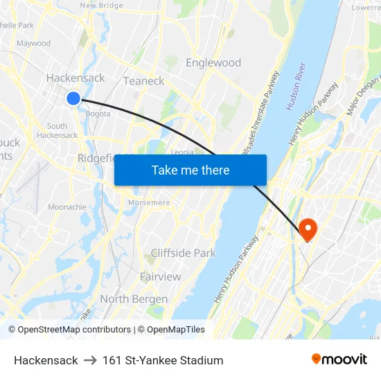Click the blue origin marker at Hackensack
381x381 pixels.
[x=73, y=98]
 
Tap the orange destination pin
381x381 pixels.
[x=307, y=229]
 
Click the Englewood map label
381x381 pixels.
[x=213, y=62]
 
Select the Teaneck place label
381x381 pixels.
[x=143, y=81]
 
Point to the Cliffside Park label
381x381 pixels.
[x=183, y=254]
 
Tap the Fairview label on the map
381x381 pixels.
[x=160, y=277]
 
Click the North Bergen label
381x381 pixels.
[x=134, y=299]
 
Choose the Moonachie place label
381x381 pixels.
[x=67, y=207]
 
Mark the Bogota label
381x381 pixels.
[x=97, y=114]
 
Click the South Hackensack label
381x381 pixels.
[x=57, y=130]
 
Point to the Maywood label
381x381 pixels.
[x=33, y=43]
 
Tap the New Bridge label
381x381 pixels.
[x=102, y=5]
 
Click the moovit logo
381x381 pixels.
[x=339, y=360]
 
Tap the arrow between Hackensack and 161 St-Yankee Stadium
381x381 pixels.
[x=90, y=360]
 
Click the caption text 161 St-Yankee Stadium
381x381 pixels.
[x=163, y=360]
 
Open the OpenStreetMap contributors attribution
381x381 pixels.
[x=69, y=330]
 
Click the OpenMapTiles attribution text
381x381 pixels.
[x=171, y=330]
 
